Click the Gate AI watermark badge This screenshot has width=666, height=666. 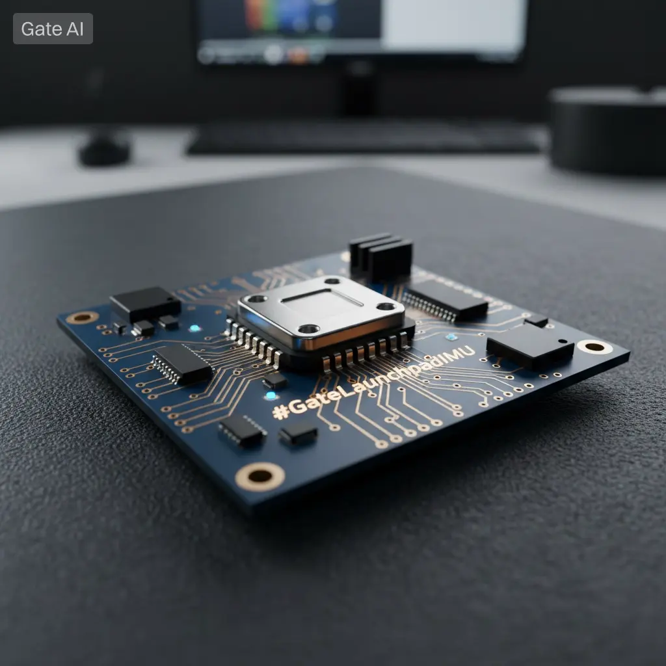pos(53,29)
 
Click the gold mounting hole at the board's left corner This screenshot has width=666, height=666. pos(82,317)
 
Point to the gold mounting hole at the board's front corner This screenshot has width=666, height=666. pos(260,476)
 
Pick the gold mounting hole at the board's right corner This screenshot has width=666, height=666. pos(594,347)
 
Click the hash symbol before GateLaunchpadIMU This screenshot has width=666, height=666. pos(281,411)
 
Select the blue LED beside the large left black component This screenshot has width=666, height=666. pos(194,328)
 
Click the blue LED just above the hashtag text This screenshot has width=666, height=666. pos(271,396)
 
